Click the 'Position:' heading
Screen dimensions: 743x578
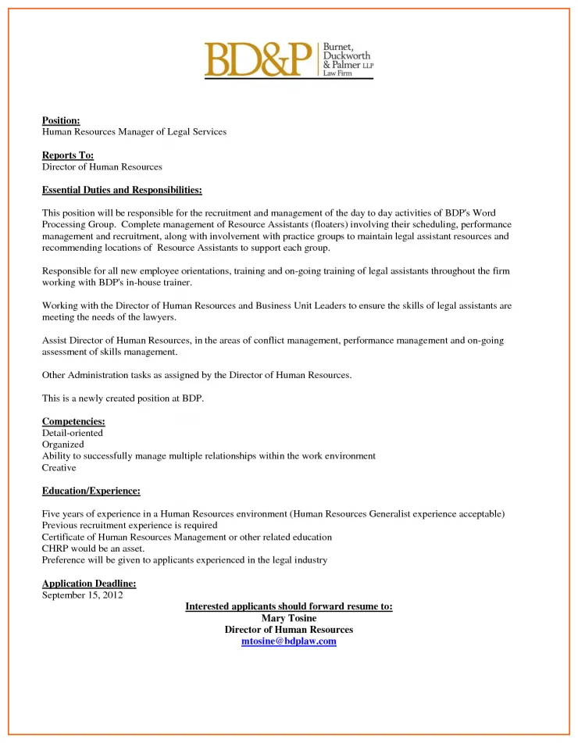pyautogui.click(x=61, y=120)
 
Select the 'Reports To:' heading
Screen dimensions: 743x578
pyautogui.click(x=67, y=155)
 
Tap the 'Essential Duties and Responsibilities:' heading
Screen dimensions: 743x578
pyautogui.click(x=122, y=190)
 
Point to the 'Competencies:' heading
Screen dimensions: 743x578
pyautogui.click(x=73, y=422)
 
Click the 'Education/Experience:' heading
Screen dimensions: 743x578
pyautogui.click(x=91, y=491)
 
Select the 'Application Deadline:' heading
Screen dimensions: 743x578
pyautogui.click(x=89, y=584)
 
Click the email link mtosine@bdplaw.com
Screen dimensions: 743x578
pyautogui.click(x=289, y=641)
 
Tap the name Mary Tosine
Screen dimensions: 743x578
pyautogui.click(x=289, y=618)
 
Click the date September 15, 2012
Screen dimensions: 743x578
pyautogui.click(x=82, y=595)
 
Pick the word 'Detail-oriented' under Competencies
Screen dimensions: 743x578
pyautogui.click(x=72, y=433)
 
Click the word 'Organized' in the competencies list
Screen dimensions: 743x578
pyautogui.click(x=62, y=445)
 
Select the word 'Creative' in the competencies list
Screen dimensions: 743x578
pyautogui.click(x=59, y=468)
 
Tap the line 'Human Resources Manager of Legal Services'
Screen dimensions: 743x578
pyautogui.click(x=134, y=132)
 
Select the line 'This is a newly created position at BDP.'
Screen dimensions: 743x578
pyautogui.click(x=123, y=398)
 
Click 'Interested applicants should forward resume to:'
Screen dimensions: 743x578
pyautogui.click(x=289, y=606)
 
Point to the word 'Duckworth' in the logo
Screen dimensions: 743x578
pyautogui.click(x=344, y=56)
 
